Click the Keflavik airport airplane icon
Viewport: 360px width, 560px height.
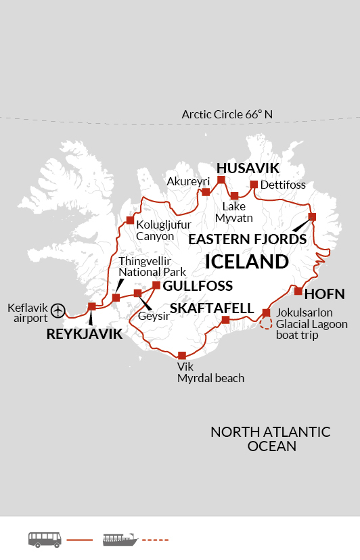pos(59,310)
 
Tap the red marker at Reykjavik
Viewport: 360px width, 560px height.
pos(92,307)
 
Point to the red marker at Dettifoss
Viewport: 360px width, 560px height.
pos(254,185)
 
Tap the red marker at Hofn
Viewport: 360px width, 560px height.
pos(298,291)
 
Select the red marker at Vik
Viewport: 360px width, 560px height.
pos(181,355)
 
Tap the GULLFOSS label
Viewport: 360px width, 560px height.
pos(197,285)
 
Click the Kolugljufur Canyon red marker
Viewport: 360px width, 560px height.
pos(130,220)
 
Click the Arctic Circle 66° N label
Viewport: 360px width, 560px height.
pos(227,114)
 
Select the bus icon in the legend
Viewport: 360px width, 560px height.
pos(45,539)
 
